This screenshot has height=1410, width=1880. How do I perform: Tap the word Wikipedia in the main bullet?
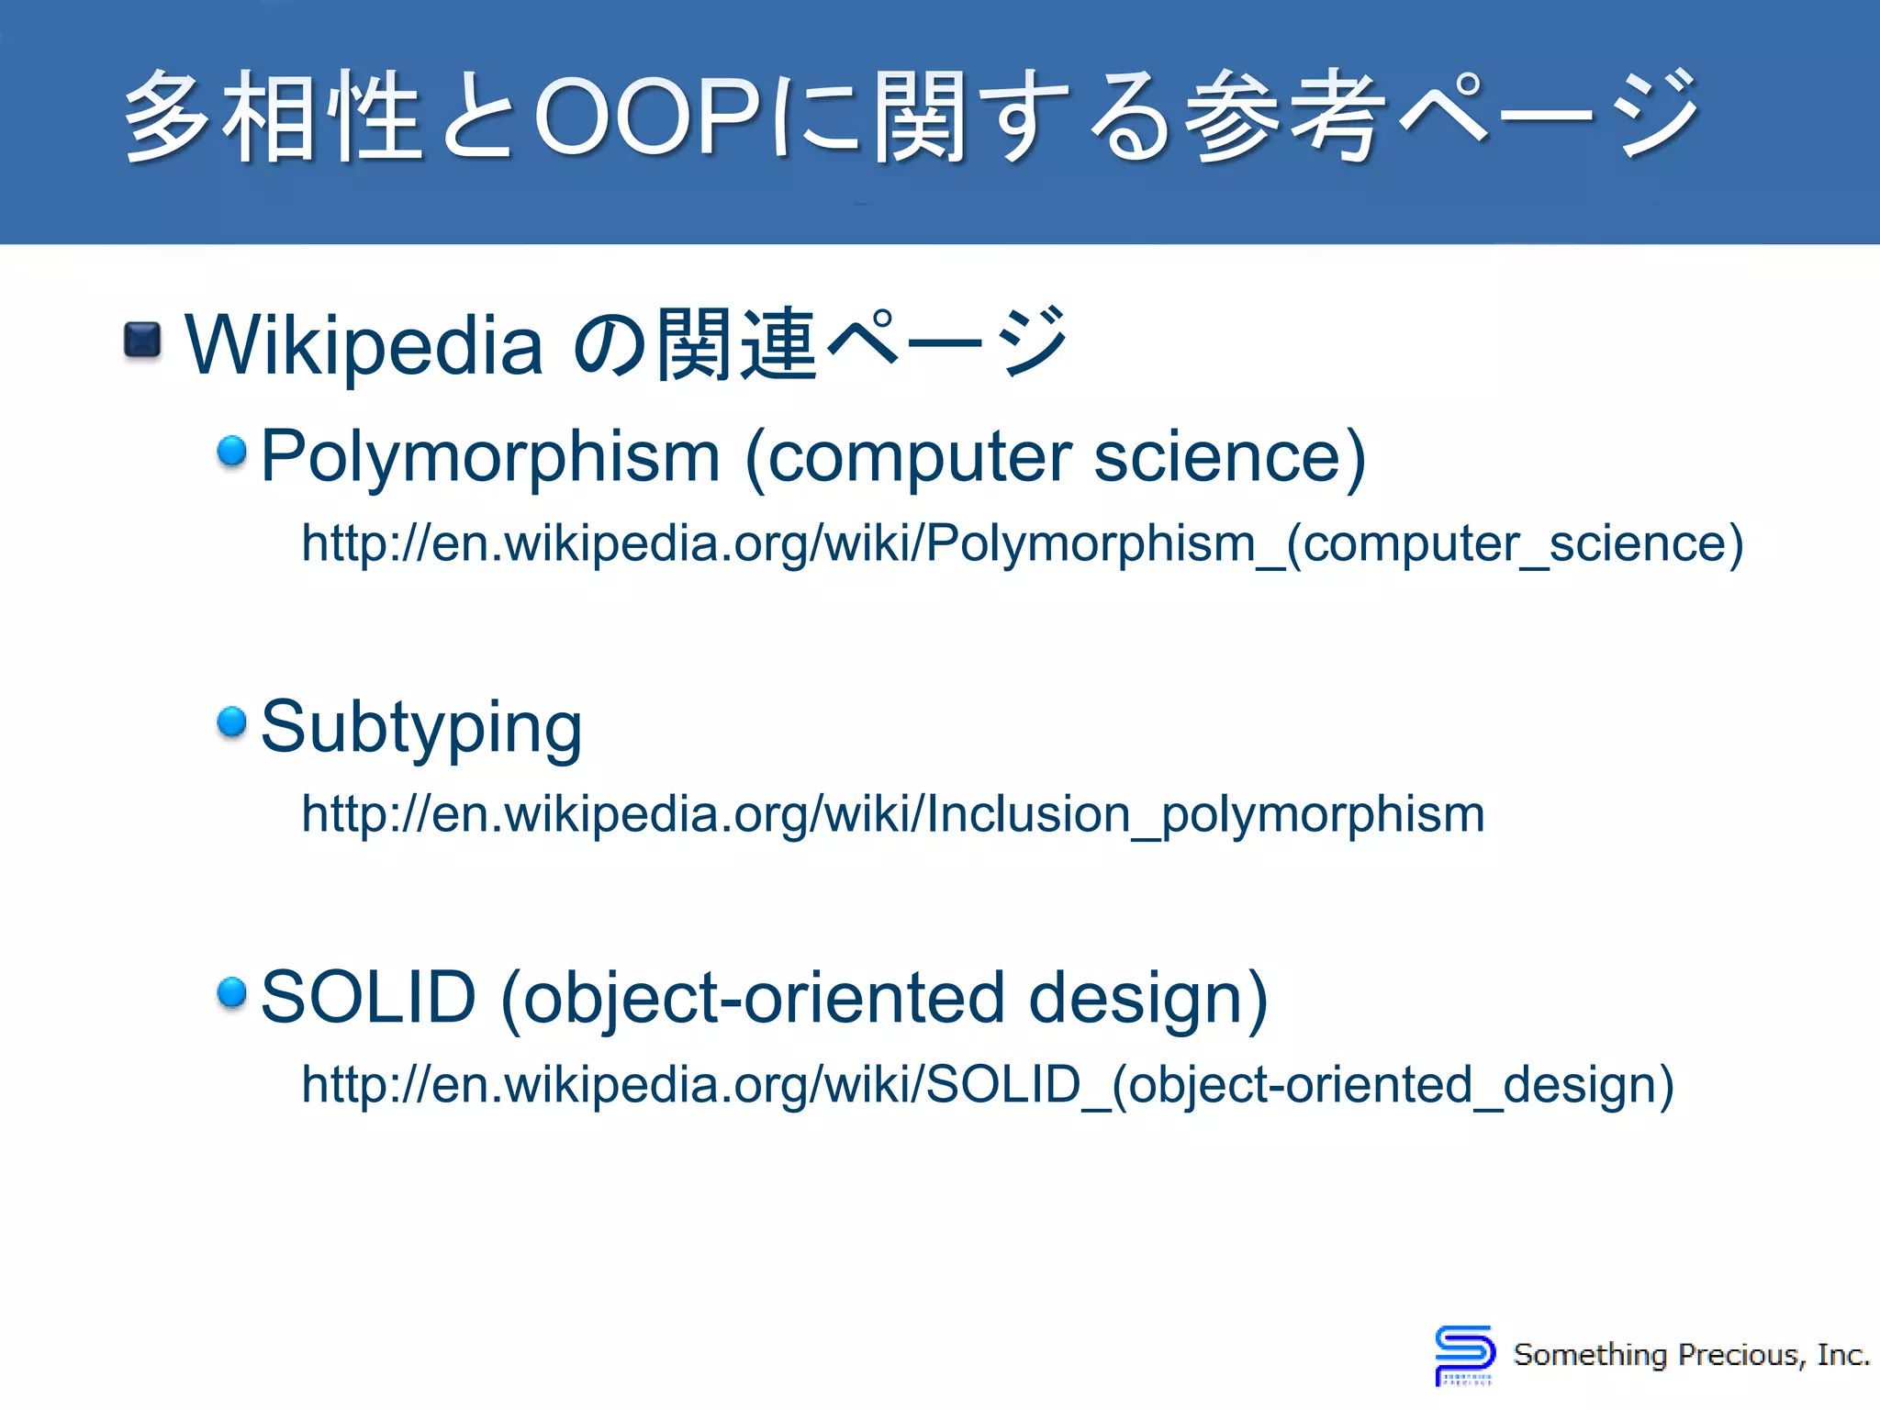point(364,345)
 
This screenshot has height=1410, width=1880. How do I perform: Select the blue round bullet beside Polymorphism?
point(232,451)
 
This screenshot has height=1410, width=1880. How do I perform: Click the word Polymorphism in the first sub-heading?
point(490,456)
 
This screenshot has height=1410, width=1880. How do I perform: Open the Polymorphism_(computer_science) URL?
point(1022,543)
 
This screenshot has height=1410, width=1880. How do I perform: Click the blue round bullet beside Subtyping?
point(232,722)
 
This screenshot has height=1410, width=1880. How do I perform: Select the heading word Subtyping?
point(421,727)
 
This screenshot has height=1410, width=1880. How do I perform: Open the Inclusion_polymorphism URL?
point(892,813)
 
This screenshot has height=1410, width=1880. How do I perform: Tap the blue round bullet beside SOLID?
point(232,992)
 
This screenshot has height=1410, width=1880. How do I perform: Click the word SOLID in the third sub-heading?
point(368,997)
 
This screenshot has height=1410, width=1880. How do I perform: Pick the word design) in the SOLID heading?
point(1147,998)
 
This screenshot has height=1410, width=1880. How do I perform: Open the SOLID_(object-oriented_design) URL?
point(988,1084)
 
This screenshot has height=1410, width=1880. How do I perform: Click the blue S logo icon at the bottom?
point(1463,1354)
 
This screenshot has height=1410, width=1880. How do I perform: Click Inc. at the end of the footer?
point(1843,1355)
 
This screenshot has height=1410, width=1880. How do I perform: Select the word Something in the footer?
point(1590,1355)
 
